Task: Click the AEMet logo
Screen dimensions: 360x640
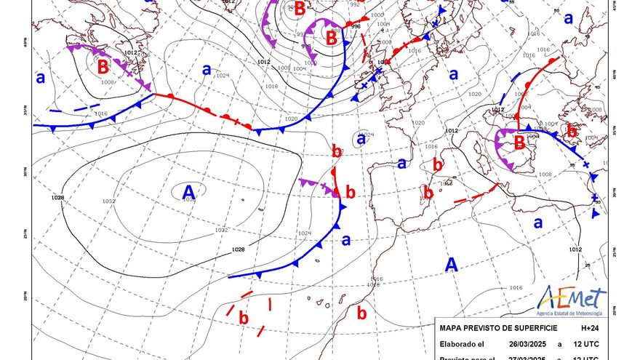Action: tap(572, 298)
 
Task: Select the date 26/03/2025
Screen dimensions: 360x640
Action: tap(529, 345)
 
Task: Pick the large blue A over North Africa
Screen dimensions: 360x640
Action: tap(452, 265)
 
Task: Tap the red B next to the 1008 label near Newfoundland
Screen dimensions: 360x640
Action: tap(103, 67)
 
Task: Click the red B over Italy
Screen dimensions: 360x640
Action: tap(519, 143)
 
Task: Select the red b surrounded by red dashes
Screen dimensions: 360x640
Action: tap(244, 318)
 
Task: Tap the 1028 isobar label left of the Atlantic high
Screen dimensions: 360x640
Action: tap(58, 198)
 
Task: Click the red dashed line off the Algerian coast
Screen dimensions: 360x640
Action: tap(473, 194)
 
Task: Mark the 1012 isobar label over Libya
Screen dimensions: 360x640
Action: tap(575, 249)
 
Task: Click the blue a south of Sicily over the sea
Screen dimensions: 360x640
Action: tap(539, 223)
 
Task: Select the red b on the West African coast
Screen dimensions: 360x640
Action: tap(361, 313)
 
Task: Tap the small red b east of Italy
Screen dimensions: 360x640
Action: tap(572, 132)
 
